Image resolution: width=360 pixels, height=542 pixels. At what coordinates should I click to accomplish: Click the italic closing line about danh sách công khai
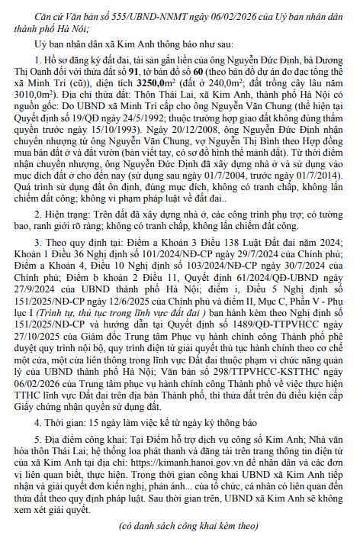179,527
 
